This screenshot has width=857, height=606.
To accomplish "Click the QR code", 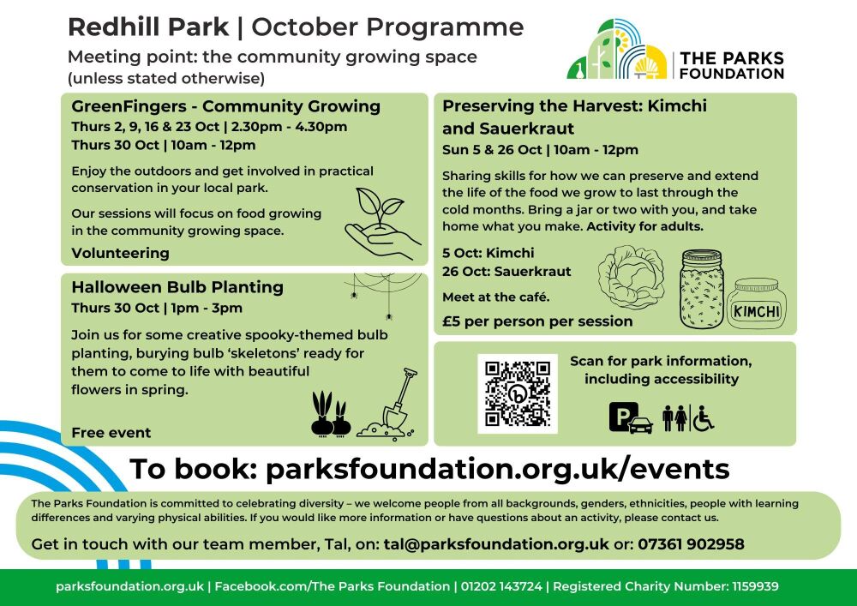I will point(517,393).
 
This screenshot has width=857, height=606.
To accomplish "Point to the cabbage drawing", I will point(631,278).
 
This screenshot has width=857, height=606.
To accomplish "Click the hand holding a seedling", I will point(383,225).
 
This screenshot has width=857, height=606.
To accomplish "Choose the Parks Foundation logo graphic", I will point(617,50).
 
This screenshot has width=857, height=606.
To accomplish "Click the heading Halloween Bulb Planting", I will point(177,286).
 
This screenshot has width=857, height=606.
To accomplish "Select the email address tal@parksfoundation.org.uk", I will point(496,544).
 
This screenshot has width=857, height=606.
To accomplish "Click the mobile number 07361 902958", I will point(691,544).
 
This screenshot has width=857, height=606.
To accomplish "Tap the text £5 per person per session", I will point(537,321).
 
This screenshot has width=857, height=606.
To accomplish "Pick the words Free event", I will point(111,433).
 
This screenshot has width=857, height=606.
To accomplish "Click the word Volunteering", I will point(120,253).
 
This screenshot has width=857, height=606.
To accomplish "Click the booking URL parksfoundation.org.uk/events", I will point(497,469).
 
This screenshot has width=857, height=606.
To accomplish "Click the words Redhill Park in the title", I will point(148,27).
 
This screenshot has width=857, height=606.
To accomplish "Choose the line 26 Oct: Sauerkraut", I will point(506,272).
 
